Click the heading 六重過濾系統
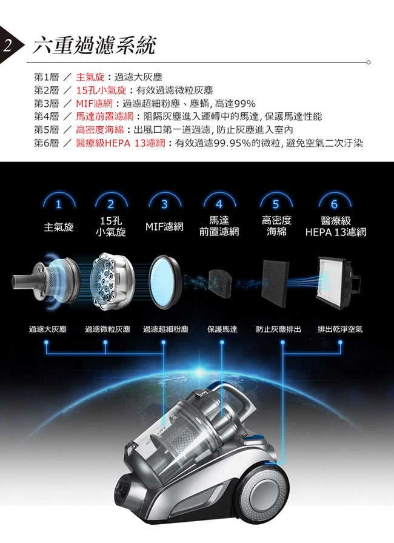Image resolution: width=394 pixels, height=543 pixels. tap(94, 44)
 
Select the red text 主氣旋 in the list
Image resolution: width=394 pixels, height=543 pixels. tap(89, 78)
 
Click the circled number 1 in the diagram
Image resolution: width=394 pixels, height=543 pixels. tap(58, 203)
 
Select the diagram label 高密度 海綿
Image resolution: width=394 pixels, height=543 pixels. tap(276, 226)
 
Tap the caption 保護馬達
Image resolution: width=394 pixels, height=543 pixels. tap(221, 329)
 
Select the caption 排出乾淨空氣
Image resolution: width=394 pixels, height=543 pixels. tap(340, 329)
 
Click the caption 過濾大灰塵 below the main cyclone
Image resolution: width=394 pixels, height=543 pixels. tap(48, 329)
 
